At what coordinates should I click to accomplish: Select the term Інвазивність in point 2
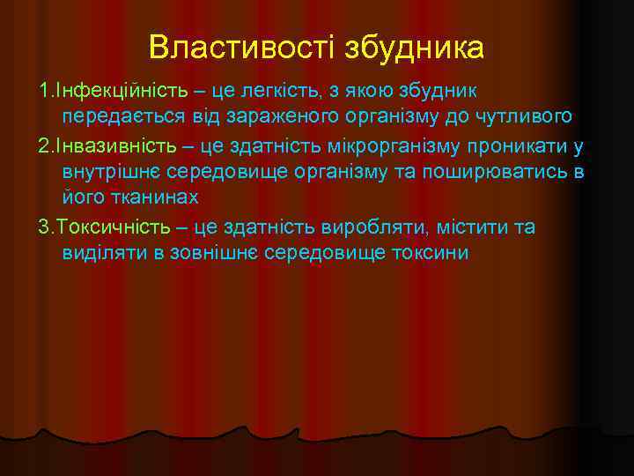(x=107, y=145)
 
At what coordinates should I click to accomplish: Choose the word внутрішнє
(x=108, y=172)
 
